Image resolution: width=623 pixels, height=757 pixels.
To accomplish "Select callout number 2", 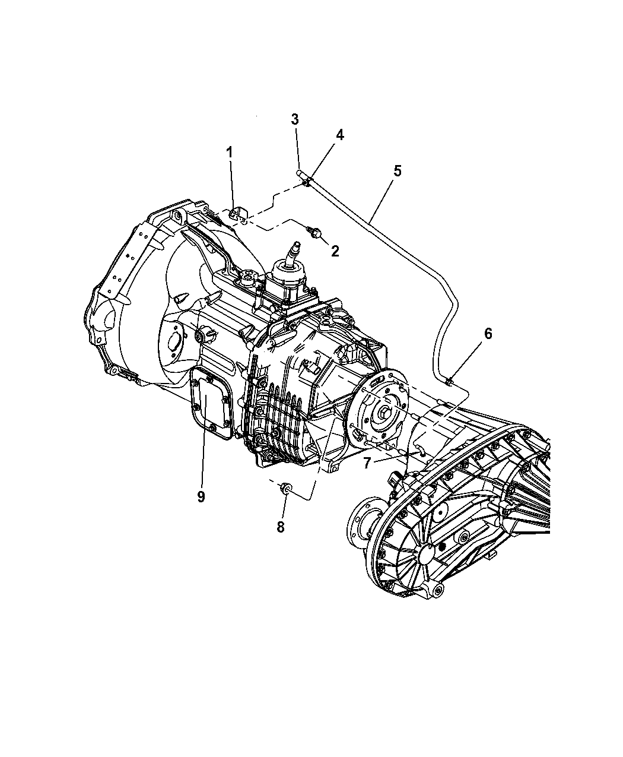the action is tap(335, 251).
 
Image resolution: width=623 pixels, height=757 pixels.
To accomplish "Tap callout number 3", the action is tap(295, 119).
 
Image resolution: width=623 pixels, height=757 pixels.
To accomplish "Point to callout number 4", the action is tap(339, 135).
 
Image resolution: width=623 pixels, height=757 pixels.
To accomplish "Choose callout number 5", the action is tap(398, 170).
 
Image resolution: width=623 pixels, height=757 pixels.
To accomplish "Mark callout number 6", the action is tap(488, 334).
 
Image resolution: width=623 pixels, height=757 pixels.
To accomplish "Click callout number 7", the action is tap(367, 463).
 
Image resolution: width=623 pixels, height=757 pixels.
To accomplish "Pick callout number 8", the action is tap(281, 527).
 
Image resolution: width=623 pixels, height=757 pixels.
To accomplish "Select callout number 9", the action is tap(201, 496).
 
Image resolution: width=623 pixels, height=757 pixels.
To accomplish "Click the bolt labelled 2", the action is tap(314, 232).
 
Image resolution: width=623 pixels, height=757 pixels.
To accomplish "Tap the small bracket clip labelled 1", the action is tap(237, 214).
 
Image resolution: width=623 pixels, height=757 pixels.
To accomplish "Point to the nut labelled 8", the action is tap(286, 489).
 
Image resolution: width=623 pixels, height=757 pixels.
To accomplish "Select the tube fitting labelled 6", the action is tap(449, 381).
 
